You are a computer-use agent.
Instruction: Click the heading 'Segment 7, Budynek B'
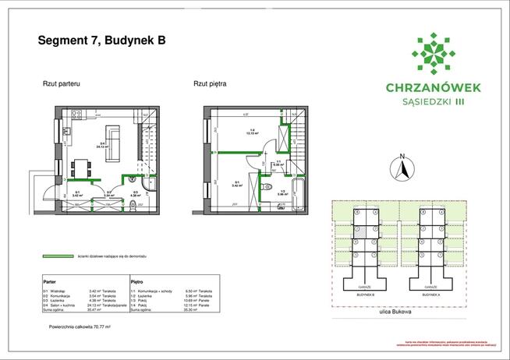pyautogui.click(x=102, y=41)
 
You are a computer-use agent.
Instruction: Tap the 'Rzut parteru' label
pyautogui.click(x=62, y=83)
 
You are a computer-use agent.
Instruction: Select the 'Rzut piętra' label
pyautogui.click(x=210, y=83)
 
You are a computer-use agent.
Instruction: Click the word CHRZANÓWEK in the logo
pyautogui.click(x=434, y=87)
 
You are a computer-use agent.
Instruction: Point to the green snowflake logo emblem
pyautogui.click(x=433, y=53)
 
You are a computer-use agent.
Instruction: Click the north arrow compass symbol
pyautogui.click(x=402, y=168)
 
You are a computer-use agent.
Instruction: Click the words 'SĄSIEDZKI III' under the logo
pyautogui.click(x=434, y=101)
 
